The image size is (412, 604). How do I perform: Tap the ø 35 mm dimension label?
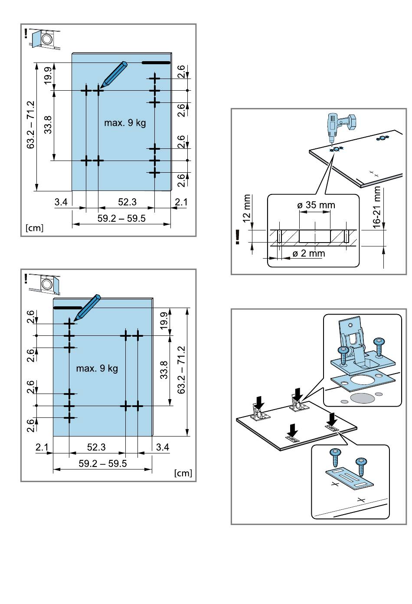coord(316,205)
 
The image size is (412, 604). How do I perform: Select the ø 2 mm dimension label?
coord(308,253)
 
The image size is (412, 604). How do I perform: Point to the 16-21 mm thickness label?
coord(377,207)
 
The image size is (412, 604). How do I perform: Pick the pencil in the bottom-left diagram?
coord(88,309)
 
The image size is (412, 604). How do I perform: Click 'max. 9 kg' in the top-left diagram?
coord(125,123)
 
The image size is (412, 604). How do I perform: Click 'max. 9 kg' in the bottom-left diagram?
coord(97,369)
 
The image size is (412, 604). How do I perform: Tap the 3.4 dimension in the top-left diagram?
coord(61,202)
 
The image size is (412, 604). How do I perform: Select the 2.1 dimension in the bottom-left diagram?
coord(42,447)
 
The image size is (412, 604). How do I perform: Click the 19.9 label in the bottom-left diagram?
coord(164,321)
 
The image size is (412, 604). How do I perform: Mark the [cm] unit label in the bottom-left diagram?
coord(183,473)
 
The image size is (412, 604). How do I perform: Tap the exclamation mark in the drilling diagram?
coord(238,236)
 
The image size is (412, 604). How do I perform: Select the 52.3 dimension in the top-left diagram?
coord(127,202)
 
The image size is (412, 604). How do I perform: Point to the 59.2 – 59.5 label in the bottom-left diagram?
coord(103,463)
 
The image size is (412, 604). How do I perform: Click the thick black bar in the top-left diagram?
coord(156,63)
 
